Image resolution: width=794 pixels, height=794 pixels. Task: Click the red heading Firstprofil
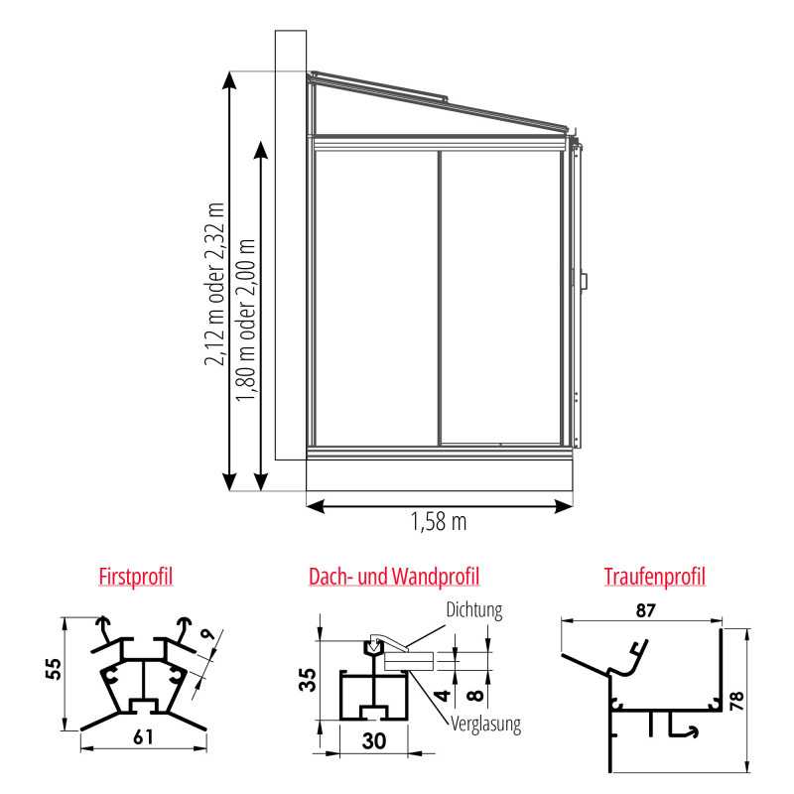(x=135, y=577)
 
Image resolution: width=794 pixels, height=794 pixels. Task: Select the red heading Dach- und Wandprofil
(x=394, y=577)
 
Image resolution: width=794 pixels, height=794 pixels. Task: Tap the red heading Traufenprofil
(x=654, y=577)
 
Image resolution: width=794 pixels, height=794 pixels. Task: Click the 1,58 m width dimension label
(x=439, y=522)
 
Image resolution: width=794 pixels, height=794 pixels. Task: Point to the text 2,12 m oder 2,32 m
(x=214, y=284)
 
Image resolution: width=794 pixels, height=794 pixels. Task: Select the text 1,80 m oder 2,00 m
(x=245, y=320)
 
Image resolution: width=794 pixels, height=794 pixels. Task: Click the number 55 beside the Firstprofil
(x=54, y=668)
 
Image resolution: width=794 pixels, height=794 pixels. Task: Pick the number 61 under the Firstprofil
(x=143, y=737)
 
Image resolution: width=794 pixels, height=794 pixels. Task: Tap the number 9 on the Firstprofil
(x=207, y=634)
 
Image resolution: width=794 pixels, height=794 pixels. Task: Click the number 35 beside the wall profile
(x=308, y=680)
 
